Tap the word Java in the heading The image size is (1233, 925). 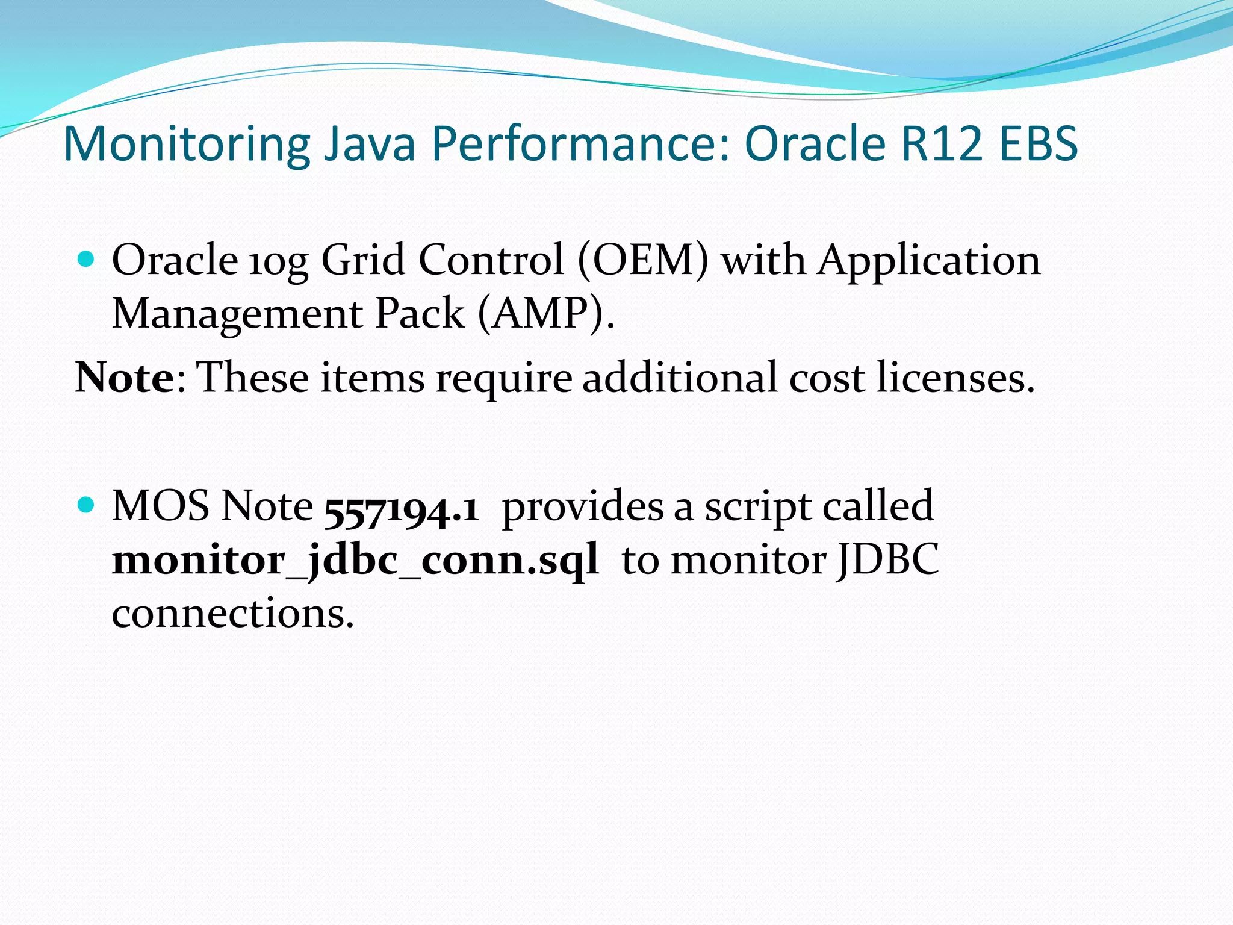pos(370,145)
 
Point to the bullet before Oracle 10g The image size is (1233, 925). pos(87,260)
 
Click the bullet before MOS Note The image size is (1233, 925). pos(87,505)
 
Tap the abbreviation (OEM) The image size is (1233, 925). pos(643,260)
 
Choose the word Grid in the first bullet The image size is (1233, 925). pos(363,260)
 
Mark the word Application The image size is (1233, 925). pos(929,261)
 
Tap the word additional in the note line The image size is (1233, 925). pos(680,378)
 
